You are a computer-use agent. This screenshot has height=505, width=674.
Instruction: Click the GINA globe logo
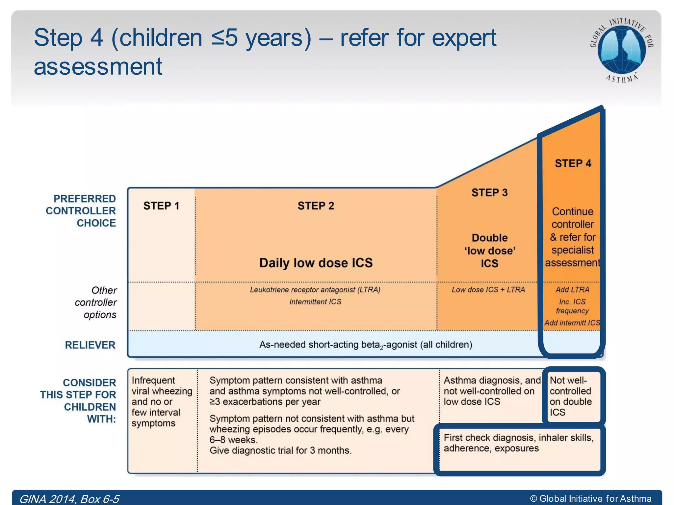(621, 49)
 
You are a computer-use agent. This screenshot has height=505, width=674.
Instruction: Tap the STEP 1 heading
(161, 206)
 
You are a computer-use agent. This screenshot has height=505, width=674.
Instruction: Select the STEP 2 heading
(316, 206)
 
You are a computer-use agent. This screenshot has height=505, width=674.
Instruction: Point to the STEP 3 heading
(489, 193)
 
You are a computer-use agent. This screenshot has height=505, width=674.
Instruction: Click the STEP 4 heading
(573, 163)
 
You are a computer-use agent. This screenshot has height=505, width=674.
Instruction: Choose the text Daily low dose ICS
(316, 263)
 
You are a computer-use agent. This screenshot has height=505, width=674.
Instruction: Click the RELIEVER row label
(90, 345)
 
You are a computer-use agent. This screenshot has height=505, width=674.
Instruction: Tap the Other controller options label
(96, 302)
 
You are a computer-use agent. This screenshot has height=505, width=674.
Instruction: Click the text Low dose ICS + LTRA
(488, 290)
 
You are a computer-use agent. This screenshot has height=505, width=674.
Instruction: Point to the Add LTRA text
(572, 290)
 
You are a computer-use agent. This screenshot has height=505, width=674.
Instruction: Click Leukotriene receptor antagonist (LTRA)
(315, 290)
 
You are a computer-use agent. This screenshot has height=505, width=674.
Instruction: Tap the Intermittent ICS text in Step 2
(315, 302)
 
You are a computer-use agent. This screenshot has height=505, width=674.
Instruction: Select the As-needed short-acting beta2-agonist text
(365, 345)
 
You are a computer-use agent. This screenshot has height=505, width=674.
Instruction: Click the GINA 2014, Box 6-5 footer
(69, 499)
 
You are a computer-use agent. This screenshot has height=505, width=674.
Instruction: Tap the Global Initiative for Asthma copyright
(591, 498)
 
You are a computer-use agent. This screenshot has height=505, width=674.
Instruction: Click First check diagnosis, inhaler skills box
(519, 443)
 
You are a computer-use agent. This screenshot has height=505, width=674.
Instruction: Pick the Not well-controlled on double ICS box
(571, 396)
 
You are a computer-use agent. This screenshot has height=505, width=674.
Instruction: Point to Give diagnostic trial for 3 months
(280, 450)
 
